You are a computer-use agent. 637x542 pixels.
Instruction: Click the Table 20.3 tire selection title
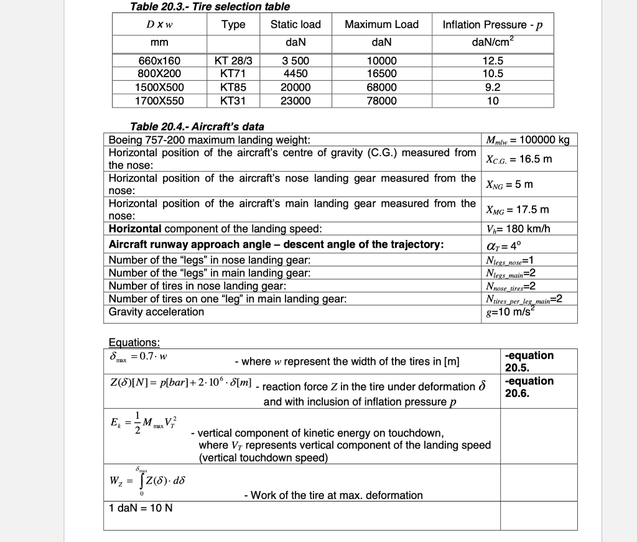tap(210, 7)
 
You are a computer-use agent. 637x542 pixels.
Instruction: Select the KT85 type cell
tap(233, 87)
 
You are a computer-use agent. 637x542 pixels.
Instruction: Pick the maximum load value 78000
tap(381, 100)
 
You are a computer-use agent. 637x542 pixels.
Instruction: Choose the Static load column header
tap(295, 24)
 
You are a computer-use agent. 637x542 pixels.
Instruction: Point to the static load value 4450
tap(295, 73)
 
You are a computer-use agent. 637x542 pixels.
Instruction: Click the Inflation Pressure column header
tap(493, 25)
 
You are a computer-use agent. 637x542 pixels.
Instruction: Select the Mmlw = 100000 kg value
tap(527, 139)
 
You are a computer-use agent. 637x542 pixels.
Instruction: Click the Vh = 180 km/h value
tap(518, 228)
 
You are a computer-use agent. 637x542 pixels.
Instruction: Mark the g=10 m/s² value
tap(511, 312)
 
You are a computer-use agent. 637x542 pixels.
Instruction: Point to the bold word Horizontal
tap(135, 228)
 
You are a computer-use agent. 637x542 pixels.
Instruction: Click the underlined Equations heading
tap(134, 343)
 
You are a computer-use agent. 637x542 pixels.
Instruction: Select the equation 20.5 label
tap(529, 362)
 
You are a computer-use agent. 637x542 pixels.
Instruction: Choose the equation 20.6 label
tap(529, 387)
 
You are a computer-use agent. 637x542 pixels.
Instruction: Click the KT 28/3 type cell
tap(233, 61)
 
